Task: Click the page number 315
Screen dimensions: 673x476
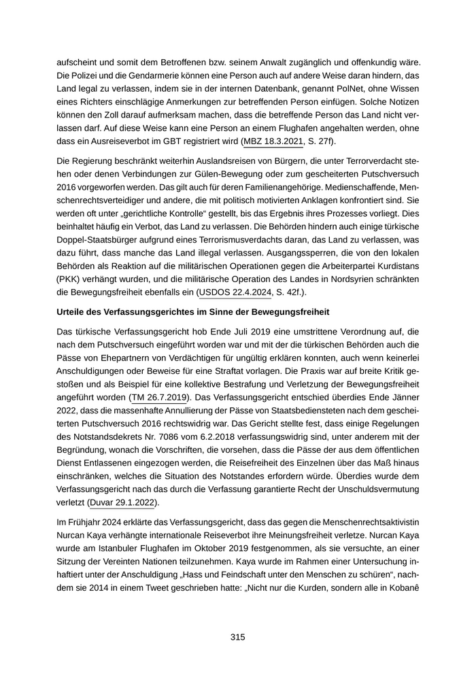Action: pyautogui.click(x=237, y=637)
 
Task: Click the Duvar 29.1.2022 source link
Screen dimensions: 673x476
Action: pyautogui.click(x=129, y=502)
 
